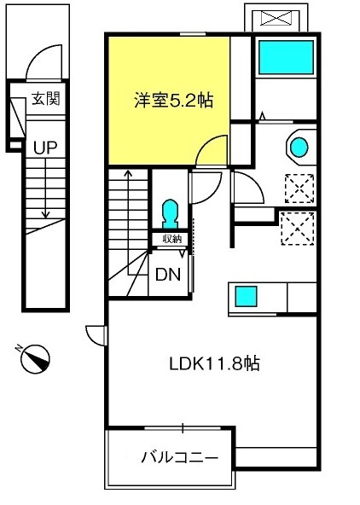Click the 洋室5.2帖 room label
174,100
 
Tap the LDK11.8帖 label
214,363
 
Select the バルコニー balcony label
179,457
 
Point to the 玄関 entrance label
46,98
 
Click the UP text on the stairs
45,148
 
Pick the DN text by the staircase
168,275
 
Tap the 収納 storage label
172,239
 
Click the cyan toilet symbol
170,213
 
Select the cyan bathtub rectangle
286,57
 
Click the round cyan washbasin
299,148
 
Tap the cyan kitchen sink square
246,296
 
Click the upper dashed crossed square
299,189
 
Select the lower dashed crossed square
298,228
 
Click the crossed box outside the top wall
276,18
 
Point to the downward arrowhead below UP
45,215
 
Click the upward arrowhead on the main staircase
129,174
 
